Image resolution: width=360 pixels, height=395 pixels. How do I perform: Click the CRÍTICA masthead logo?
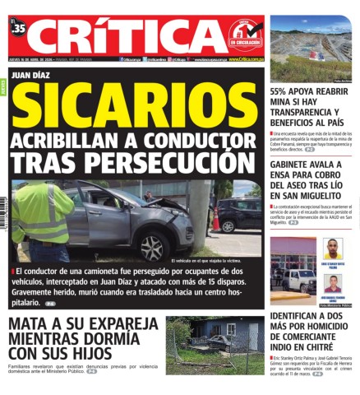coord(132,35)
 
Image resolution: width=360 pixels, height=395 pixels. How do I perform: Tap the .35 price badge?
coord(19,28)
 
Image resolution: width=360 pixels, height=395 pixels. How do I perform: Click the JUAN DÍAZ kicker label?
coord(39,76)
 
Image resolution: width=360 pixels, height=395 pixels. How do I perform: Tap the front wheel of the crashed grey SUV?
coord(152,245)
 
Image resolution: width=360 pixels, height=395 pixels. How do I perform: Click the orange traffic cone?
coord(216,220)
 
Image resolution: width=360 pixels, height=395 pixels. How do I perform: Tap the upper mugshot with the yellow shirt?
coord(334,249)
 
